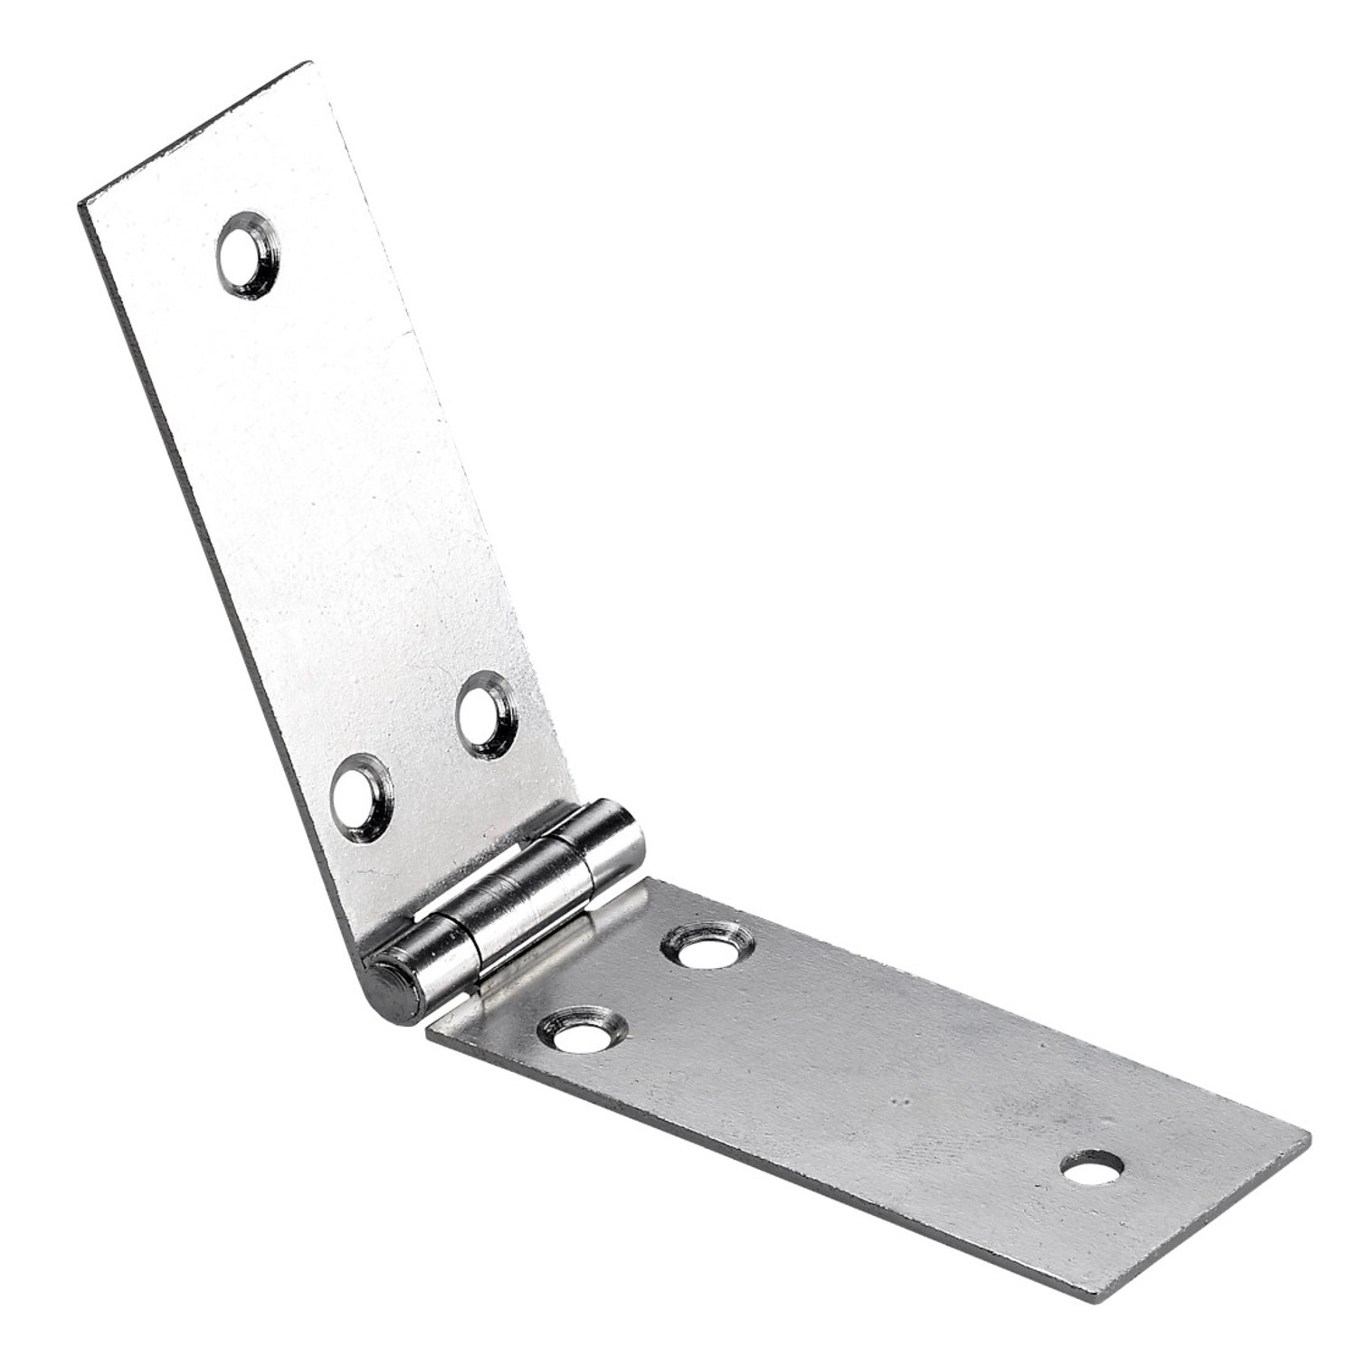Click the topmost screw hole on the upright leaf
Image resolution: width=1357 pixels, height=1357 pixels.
click(247, 255)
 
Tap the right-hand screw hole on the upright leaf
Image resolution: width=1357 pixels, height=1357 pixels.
click(486, 715)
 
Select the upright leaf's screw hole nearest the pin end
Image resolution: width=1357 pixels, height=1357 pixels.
click(362, 797)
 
